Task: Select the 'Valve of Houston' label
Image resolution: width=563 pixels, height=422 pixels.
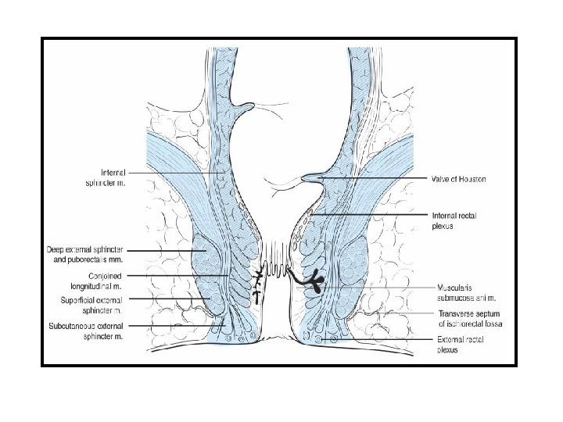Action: (460, 179)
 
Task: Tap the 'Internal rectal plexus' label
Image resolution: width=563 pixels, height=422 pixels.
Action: (454, 220)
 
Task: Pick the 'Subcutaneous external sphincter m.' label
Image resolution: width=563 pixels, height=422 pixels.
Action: (87, 330)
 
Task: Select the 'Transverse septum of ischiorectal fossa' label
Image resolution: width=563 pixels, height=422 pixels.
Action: (469, 318)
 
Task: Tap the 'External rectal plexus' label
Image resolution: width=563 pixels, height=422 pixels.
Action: (458, 345)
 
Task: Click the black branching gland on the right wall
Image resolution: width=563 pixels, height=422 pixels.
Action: (314, 282)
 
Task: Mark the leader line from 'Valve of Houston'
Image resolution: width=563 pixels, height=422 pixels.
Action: (375, 179)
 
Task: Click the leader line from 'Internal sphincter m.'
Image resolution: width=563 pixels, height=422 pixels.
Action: (176, 173)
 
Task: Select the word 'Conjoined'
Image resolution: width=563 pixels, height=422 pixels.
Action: (77, 275)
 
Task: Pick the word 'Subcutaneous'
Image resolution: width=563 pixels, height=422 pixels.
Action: (68, 325)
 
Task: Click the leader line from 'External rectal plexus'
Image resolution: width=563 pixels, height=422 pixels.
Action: (383, 341)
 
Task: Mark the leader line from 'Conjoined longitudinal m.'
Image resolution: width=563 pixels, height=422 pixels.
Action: (176, 275)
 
